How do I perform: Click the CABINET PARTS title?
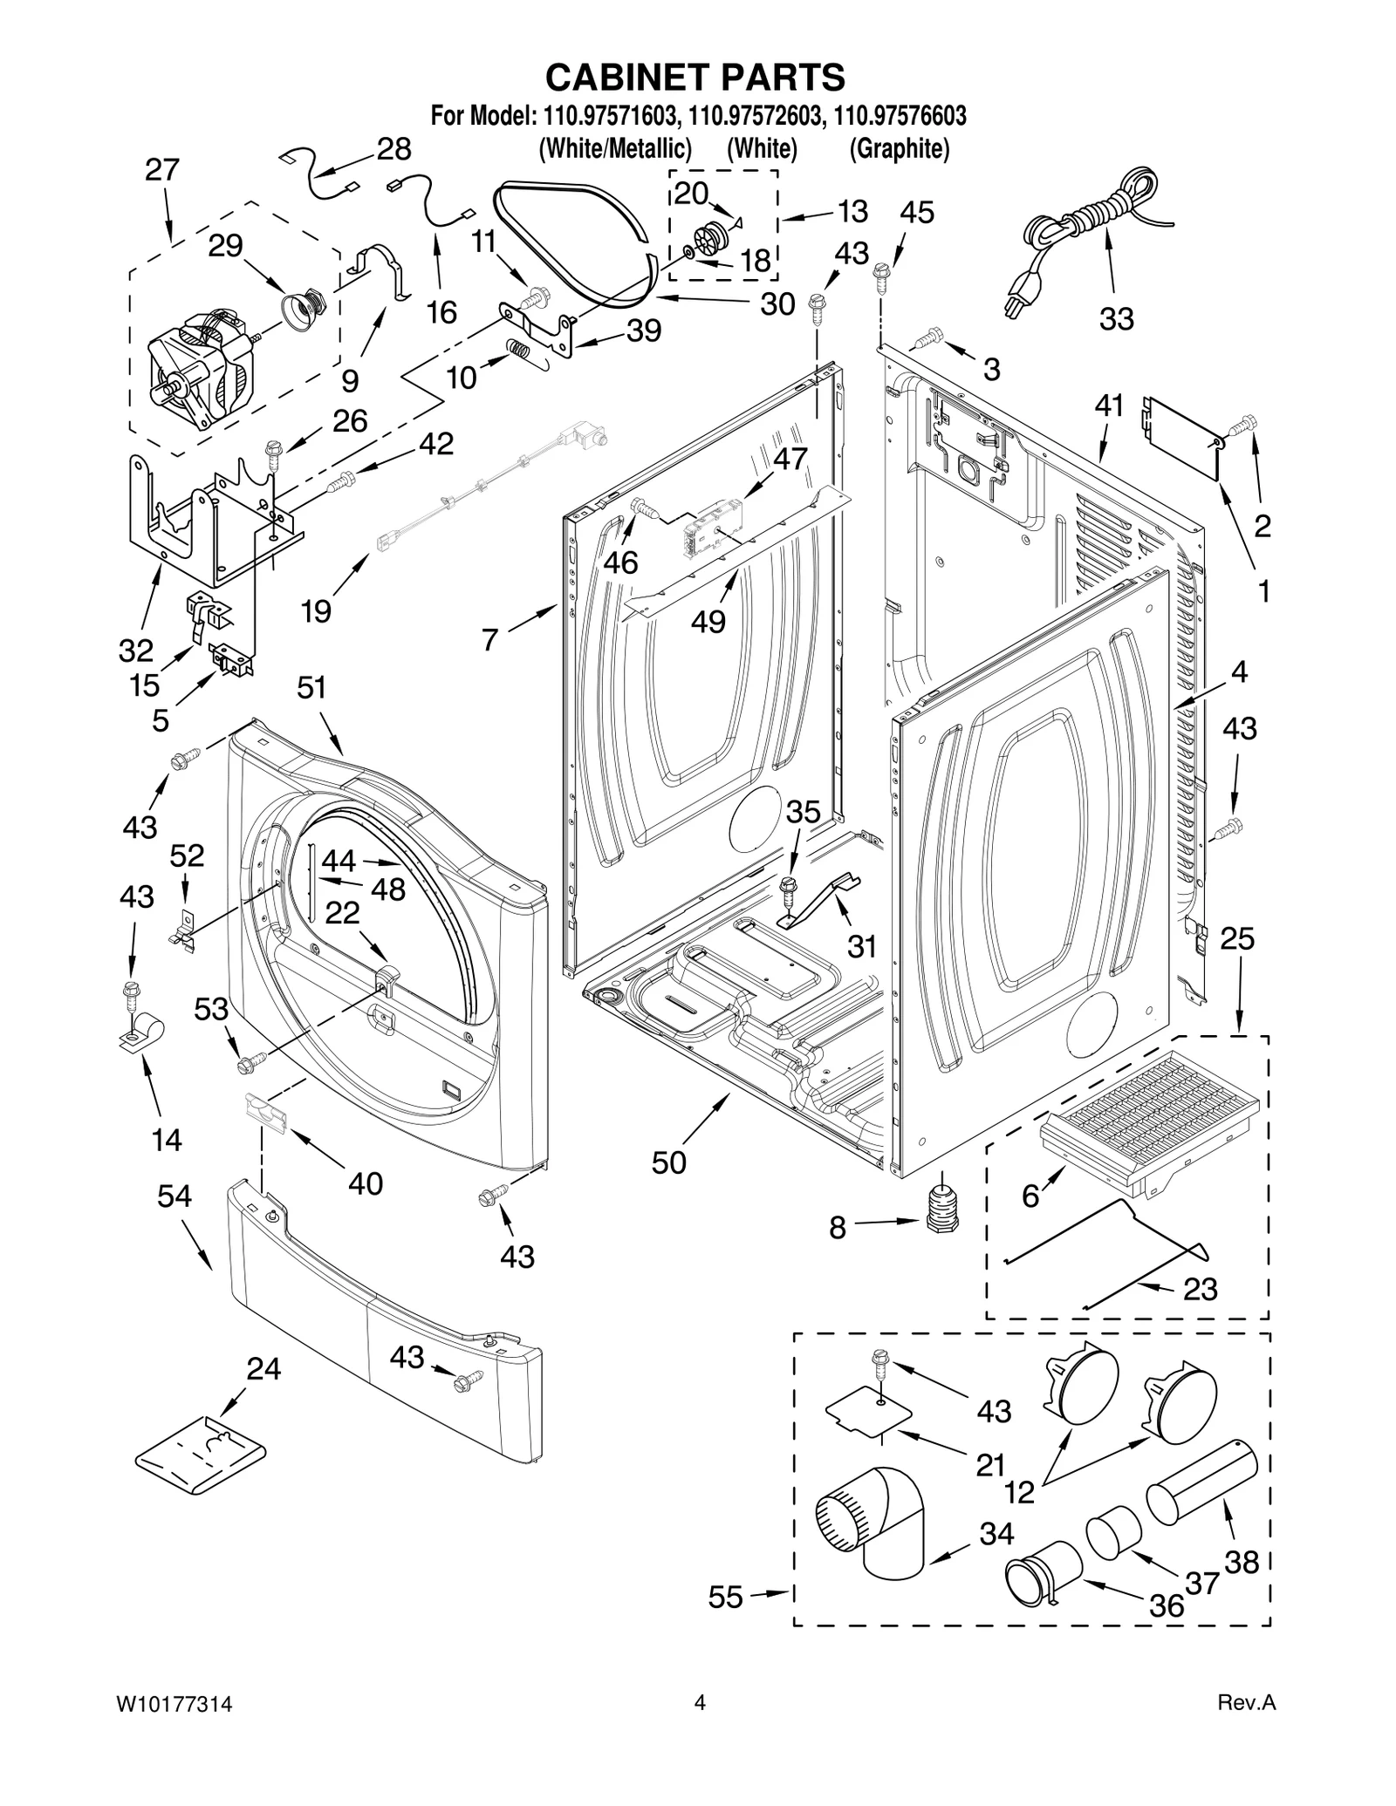tap(695, 77)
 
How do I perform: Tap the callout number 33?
tap(1116, 319)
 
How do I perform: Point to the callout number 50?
tap(669, 1162)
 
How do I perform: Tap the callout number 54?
tap(174, 1196)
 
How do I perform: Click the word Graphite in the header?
tap(900, 149)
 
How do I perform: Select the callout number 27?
tap(162, 170)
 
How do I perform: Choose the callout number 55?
tap(725, 1598)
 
